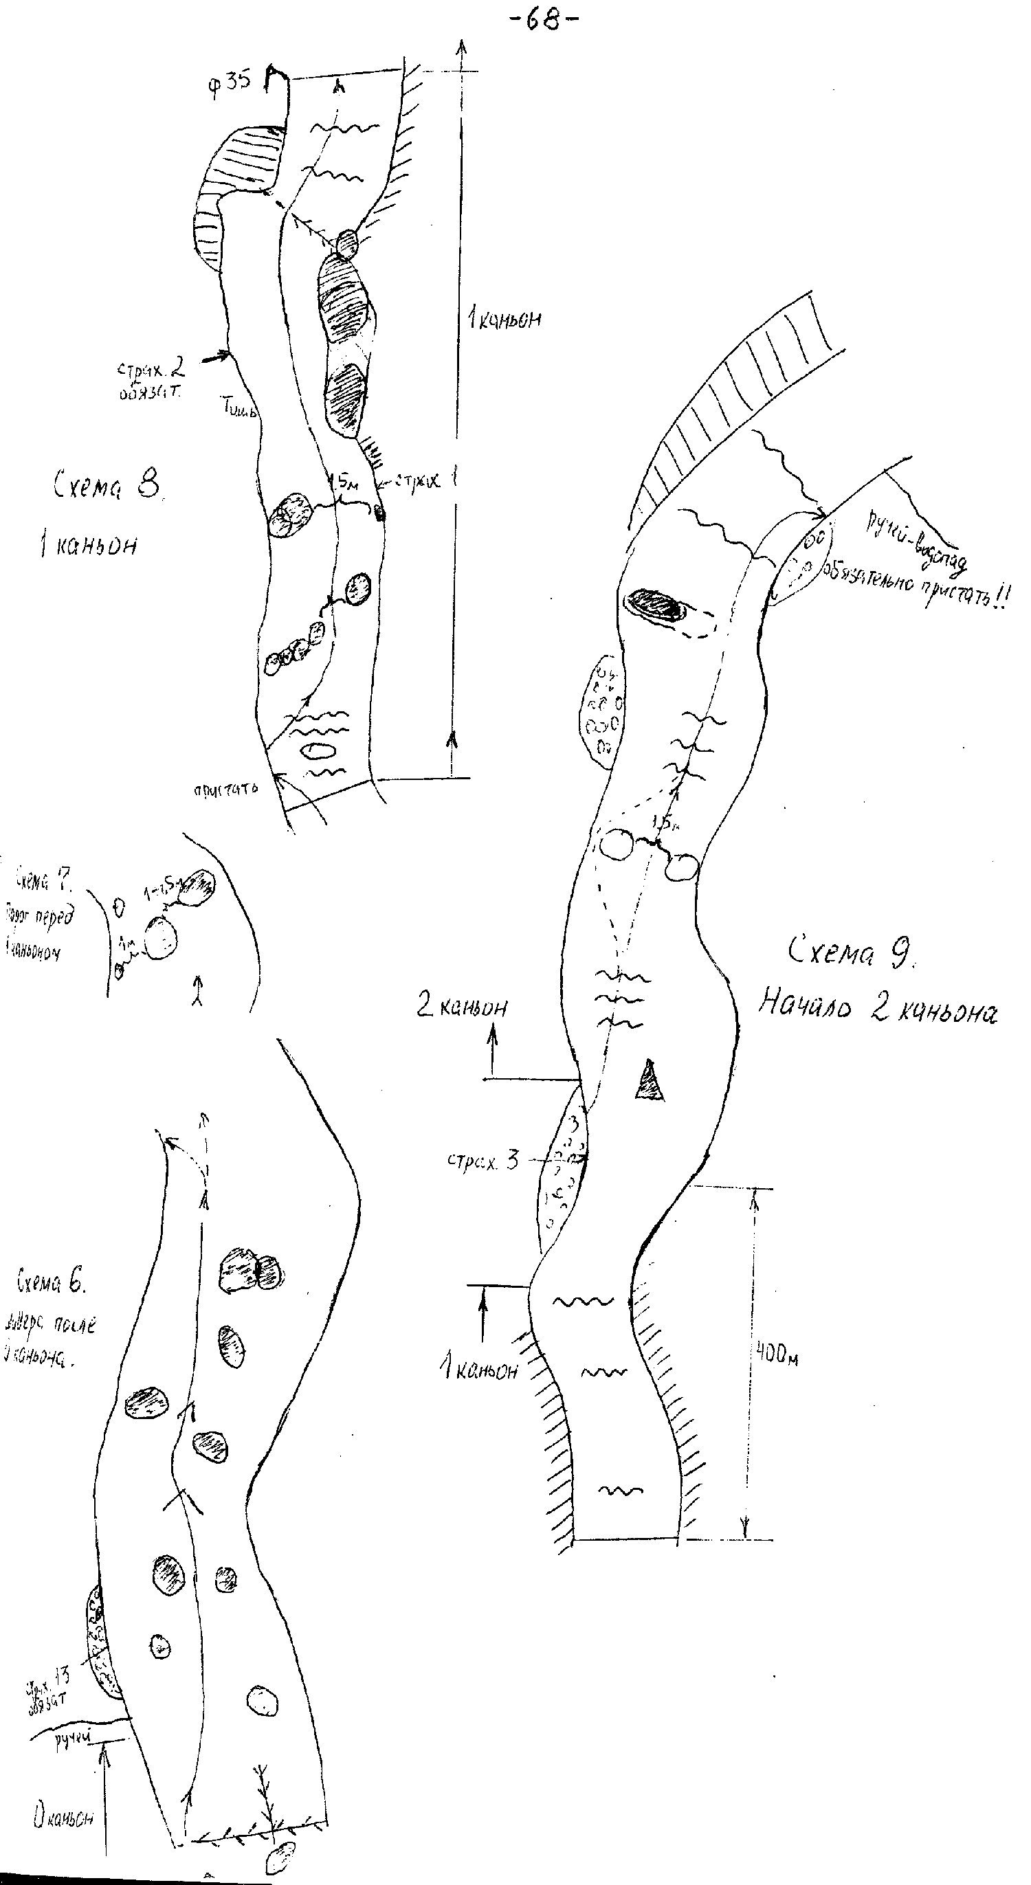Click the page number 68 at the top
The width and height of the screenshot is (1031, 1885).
pos(542,20)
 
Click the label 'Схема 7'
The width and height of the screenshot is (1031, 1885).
pos(43,882)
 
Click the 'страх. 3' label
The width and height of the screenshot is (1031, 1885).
pos(483,1161)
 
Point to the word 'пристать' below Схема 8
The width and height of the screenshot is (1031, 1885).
pos(225,790)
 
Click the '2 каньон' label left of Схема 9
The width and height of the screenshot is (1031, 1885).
pos(462,1007)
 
